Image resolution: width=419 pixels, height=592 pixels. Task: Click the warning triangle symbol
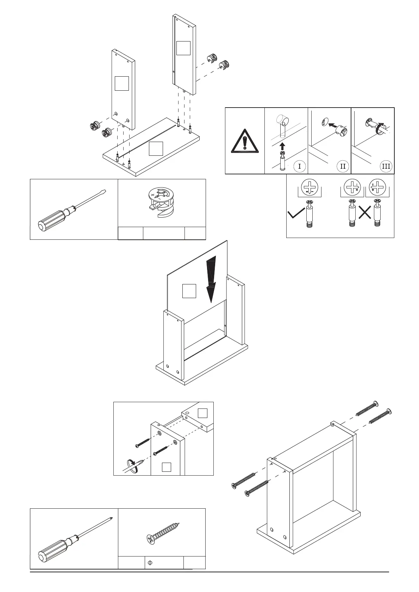coord(245,141)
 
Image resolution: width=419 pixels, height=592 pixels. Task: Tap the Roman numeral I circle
coord(300,166)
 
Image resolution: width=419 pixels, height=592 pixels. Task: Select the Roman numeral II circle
coord(343,166)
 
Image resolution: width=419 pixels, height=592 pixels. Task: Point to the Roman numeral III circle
coord(386,166)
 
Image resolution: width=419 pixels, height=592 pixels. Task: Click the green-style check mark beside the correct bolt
coord(296,214)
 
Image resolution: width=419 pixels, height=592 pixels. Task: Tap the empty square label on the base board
coord(156,148)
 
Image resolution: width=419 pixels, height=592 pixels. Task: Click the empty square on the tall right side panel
coord(183,48)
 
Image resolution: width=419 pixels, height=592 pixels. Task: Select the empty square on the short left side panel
coord(122,83)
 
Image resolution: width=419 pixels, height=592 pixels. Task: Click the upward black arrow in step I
coord(282,146)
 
